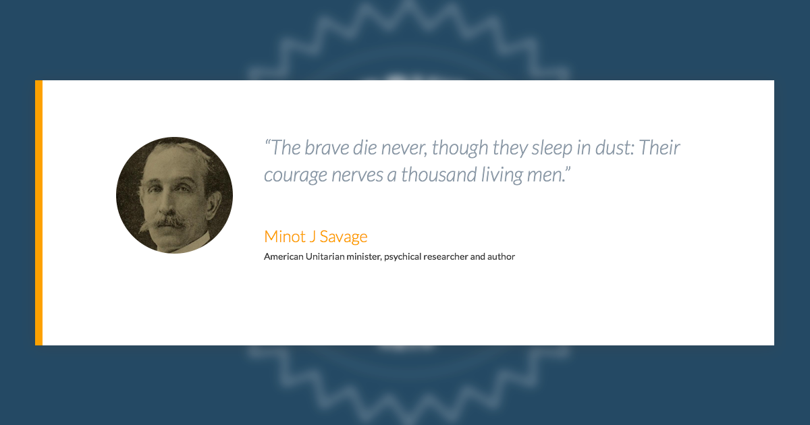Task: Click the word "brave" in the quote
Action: coord(327,148)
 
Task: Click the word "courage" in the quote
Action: coord(296,175)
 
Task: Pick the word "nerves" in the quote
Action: coord(357,175)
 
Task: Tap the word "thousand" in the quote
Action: coord(439,174)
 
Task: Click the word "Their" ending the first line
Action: coord(659,148)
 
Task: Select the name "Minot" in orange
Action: coord(285,237)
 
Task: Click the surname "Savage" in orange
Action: coord(344,237)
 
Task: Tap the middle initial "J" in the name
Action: coord(313,237)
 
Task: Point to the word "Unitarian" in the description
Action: coord(325,256)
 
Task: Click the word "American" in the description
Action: coord(283,256)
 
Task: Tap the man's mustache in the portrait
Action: coord(169,221)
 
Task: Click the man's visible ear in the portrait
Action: coord(214,204)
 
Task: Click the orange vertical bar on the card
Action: coord(38,213)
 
